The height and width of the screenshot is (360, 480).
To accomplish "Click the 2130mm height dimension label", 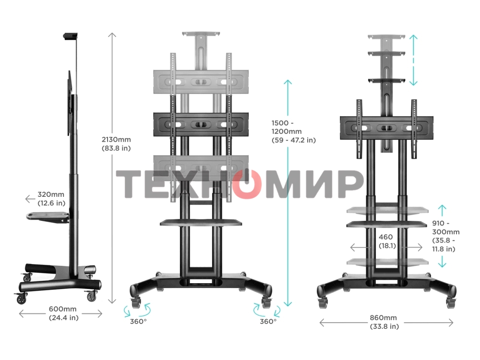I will tap(116, 144).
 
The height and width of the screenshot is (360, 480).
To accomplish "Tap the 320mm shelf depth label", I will tap(51, 199).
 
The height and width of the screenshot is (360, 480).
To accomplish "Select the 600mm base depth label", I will tap(63, 313).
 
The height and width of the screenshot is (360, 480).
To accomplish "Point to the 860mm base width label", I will tap(384, 322).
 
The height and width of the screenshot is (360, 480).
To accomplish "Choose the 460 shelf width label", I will tap(386, 241).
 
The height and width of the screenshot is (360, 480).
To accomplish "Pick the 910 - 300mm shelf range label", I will tap(445, 236).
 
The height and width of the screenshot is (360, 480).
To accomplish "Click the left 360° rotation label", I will tap(138, 322).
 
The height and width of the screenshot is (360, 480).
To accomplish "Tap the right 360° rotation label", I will tap(268, 322).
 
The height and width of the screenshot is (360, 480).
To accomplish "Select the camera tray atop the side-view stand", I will tap(70, 36).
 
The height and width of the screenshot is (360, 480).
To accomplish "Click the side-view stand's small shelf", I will tap(48, 216).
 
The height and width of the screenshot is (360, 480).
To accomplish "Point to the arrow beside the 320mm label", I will tap(30, 197).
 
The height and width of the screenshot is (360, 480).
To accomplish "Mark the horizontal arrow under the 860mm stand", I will tap(386, 323).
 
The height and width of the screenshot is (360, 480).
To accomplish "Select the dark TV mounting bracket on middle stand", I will tap(201, 124).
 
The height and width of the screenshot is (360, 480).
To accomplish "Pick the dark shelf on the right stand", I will tap(386, 224).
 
